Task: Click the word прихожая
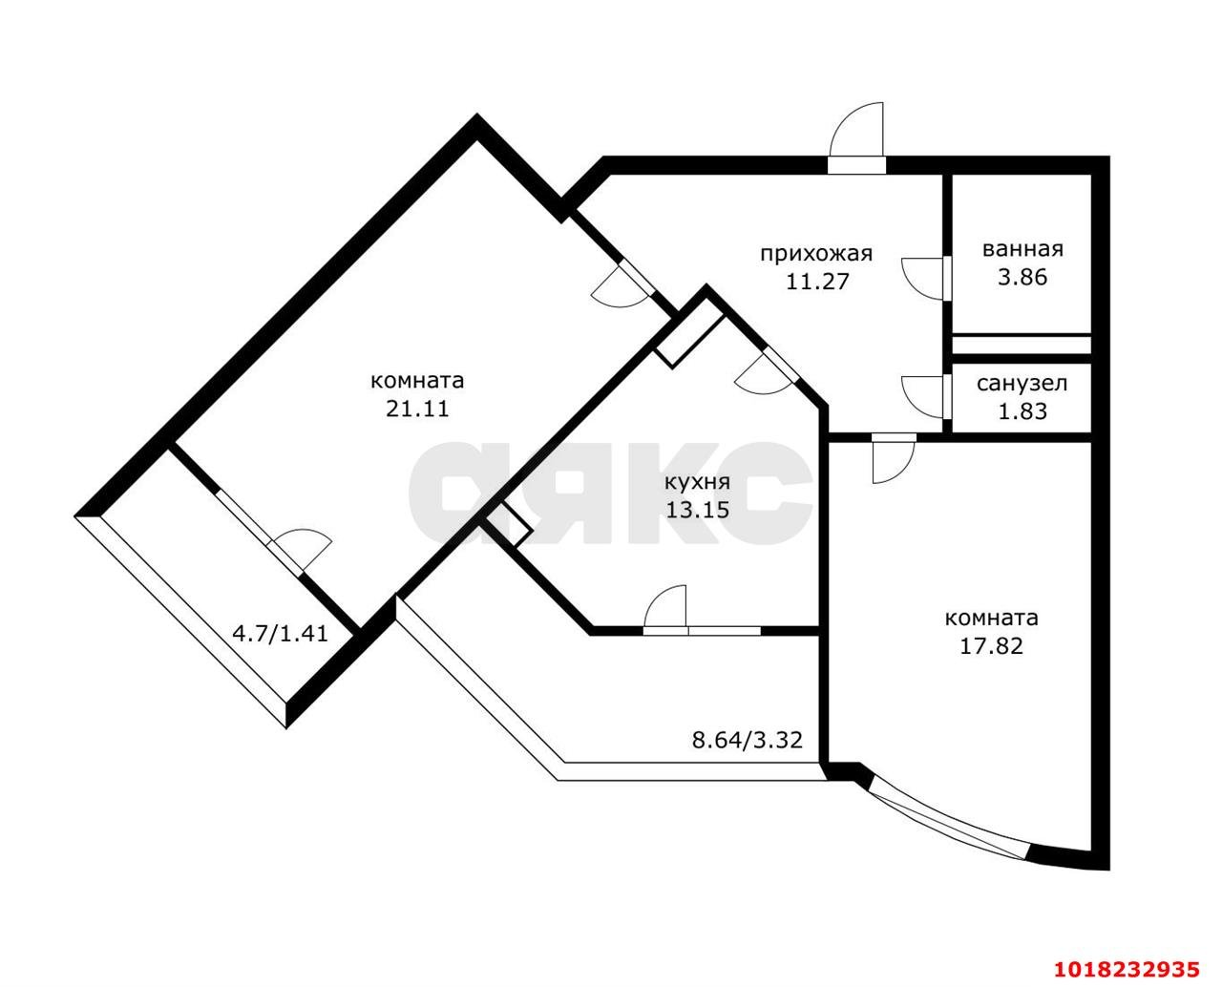tap(816, 254)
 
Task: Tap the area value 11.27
tap(817, 282)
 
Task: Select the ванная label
tap(1022, 249)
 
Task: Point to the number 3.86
tap(1022, 277)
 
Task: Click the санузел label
tap(1022, 383)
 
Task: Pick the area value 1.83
tap(1022, 411)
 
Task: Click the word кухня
tap(697, 482)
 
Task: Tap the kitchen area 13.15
tap(697, 510)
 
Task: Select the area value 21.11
tap(417, 409)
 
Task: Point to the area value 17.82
tap(991, 646)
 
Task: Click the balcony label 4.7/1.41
tap(280, 634)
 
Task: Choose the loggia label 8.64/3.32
tap(747, 740)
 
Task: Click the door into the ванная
tap(923, 279)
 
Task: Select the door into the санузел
tap(923, 397)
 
